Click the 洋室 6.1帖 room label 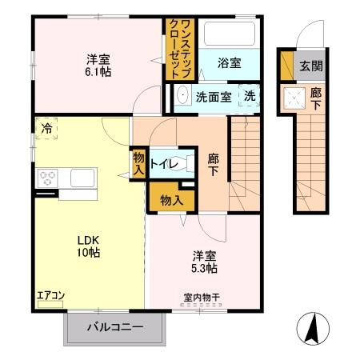click(99, 63)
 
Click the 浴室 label click(229, 64)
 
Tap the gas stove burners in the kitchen click(46, 177)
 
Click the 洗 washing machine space click(250, 96)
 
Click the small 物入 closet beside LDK click(139, 163)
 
